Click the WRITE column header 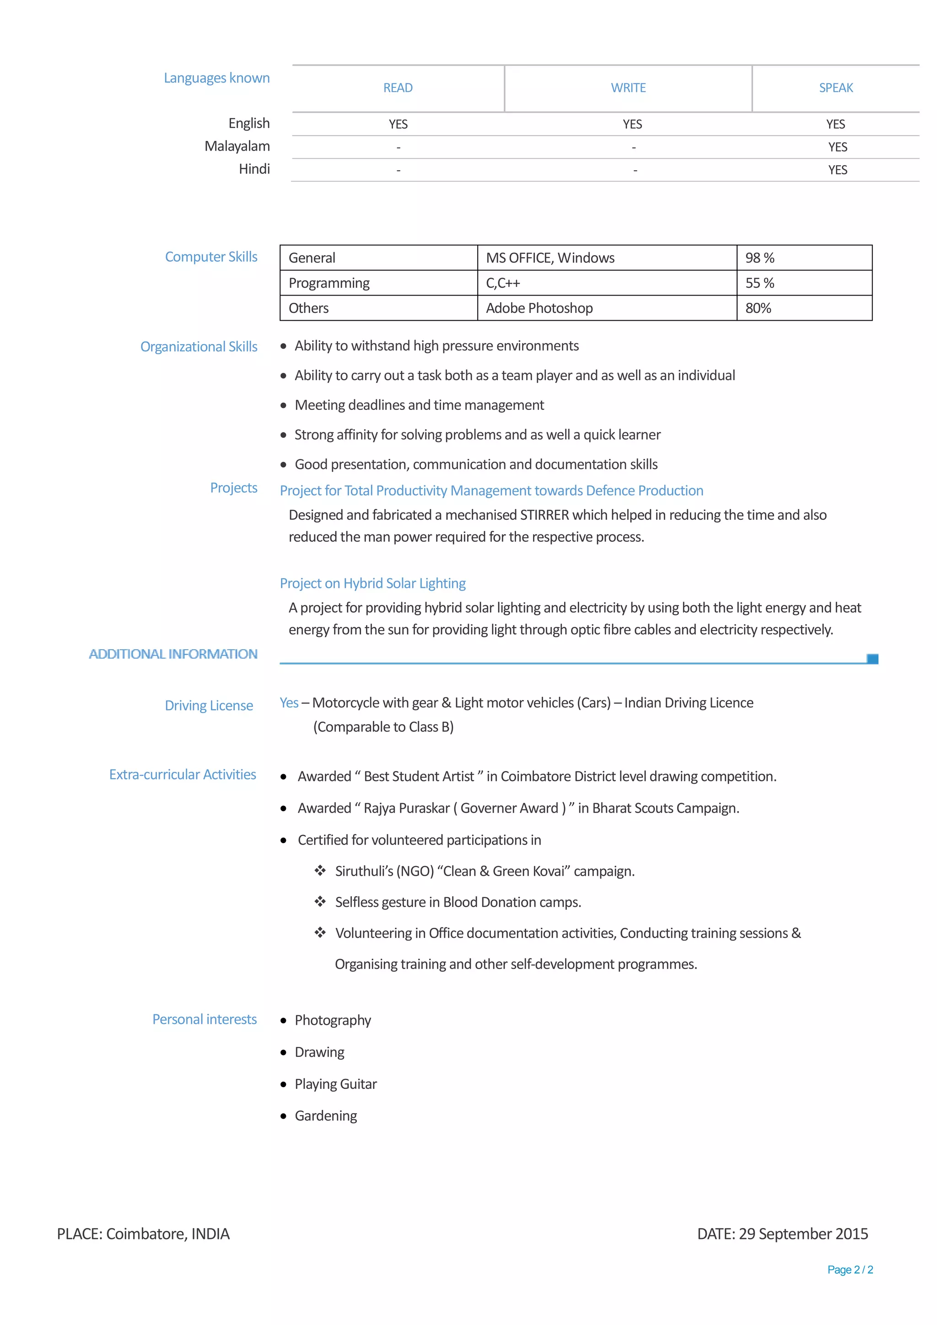point(628,88)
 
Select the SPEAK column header point(835,88)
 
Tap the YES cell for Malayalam point(837,147)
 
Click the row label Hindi point(254,169)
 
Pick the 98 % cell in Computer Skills point(759,258)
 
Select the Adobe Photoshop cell point(539,308)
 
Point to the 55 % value point(759,283)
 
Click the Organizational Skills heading point(199,347)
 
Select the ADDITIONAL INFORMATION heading point(173,654)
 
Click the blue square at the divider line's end point(872,658)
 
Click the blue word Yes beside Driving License point(289,703)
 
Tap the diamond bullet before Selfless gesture point(320,901)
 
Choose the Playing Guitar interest point(335,1084)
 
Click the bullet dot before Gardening point(283,1116)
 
